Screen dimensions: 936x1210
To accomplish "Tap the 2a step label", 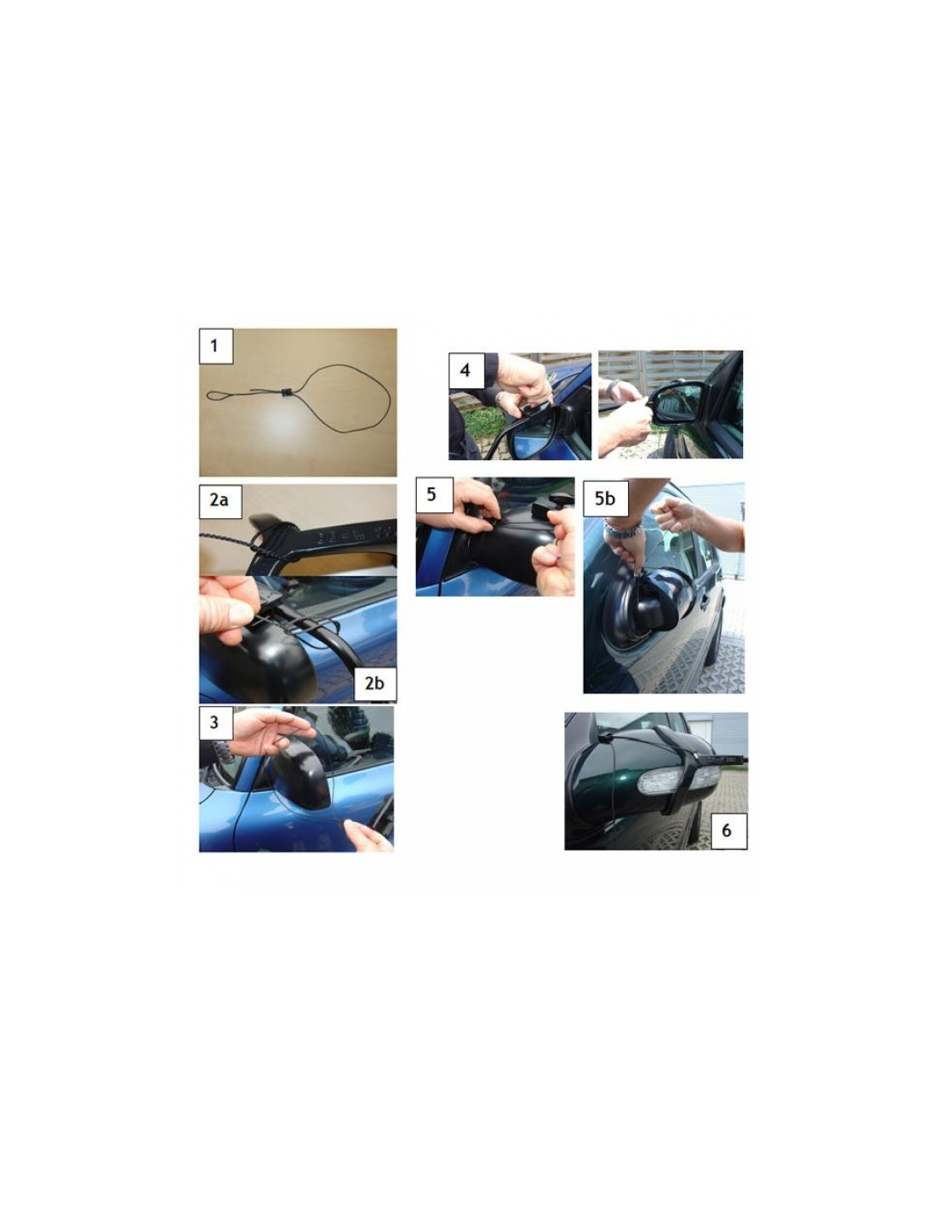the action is pyautogui.click(x=219, y=499).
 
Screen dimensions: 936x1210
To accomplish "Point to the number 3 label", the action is pyautogui.click(x=215, y=722).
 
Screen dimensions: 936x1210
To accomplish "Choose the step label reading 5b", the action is pyautogui.click(x=605, y=499).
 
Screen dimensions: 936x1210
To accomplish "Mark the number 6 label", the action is pyautogui.click(x=726, y=830).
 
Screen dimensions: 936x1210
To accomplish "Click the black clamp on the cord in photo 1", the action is pyautogui.click(x=288, y=392).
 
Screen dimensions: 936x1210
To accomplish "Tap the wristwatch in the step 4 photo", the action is pyautogui.click(x=500, y=397).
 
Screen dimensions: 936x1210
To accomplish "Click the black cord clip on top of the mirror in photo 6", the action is pyautogui.click(x=606, y=739).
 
